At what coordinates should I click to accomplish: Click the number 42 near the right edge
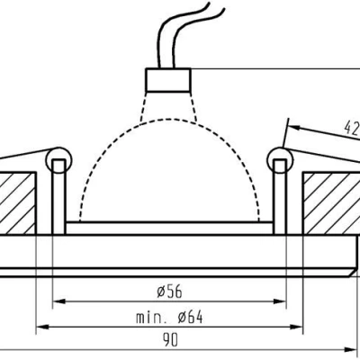[349, 127]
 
